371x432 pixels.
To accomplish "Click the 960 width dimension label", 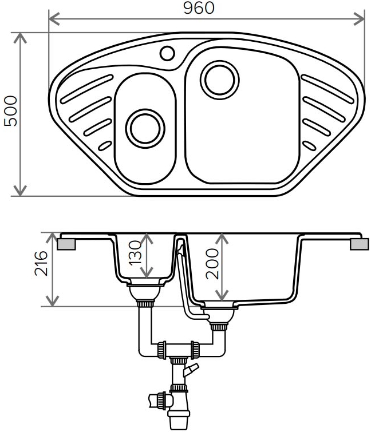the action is pos(199,7).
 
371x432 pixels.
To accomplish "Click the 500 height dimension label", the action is pos(11,111).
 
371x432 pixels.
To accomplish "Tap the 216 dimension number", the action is pos(41,263).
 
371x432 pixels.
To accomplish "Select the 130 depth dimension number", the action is pos(135,253).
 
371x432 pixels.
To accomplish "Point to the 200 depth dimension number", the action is pos(212,264).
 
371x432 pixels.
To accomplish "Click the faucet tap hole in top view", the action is pos(167,53).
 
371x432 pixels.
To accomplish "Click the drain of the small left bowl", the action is pos(145,128).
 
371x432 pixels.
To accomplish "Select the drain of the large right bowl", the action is pos(220,80).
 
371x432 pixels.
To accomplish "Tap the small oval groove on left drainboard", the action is pos(105,146).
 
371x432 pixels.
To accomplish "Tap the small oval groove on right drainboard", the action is pos(309,146).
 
